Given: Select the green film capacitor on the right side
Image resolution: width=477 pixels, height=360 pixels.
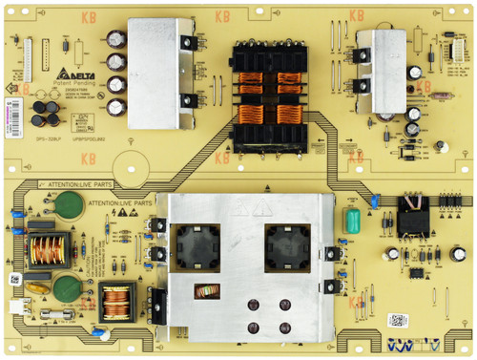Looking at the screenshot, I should coord(352,221).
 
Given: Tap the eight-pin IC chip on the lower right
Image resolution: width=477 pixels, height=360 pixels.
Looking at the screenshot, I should coord(417,271).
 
